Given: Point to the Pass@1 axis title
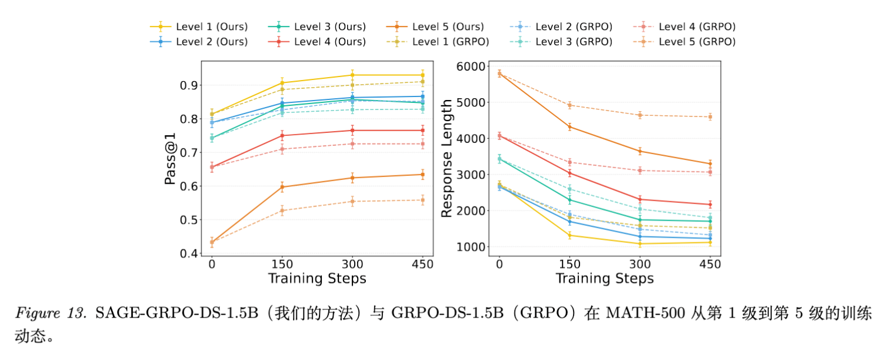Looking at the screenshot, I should pyautogui.click(x=171, y=158).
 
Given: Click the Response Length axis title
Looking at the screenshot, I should pyautogui.click(x=447, y=158).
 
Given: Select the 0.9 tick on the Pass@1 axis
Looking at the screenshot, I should pyautogui.click(x=189, y=85).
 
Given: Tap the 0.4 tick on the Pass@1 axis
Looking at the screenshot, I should pyautogui.click(x=189, y=254).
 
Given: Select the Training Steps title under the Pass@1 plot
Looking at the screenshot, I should pyautogui.click(x=317, y=278).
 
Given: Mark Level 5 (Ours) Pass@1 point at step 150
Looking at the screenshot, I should pyautogui.click(x=282, y=187).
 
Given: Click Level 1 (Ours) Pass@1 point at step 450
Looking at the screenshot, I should pyautogui.click(x=422, y=75).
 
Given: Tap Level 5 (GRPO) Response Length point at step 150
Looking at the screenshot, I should pyautogui.click(x=569, y=105).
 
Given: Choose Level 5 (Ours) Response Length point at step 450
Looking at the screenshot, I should pyautogui.click(x=710, y=164).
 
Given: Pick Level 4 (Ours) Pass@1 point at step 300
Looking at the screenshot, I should pyautogui.click(x=352, y=131).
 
